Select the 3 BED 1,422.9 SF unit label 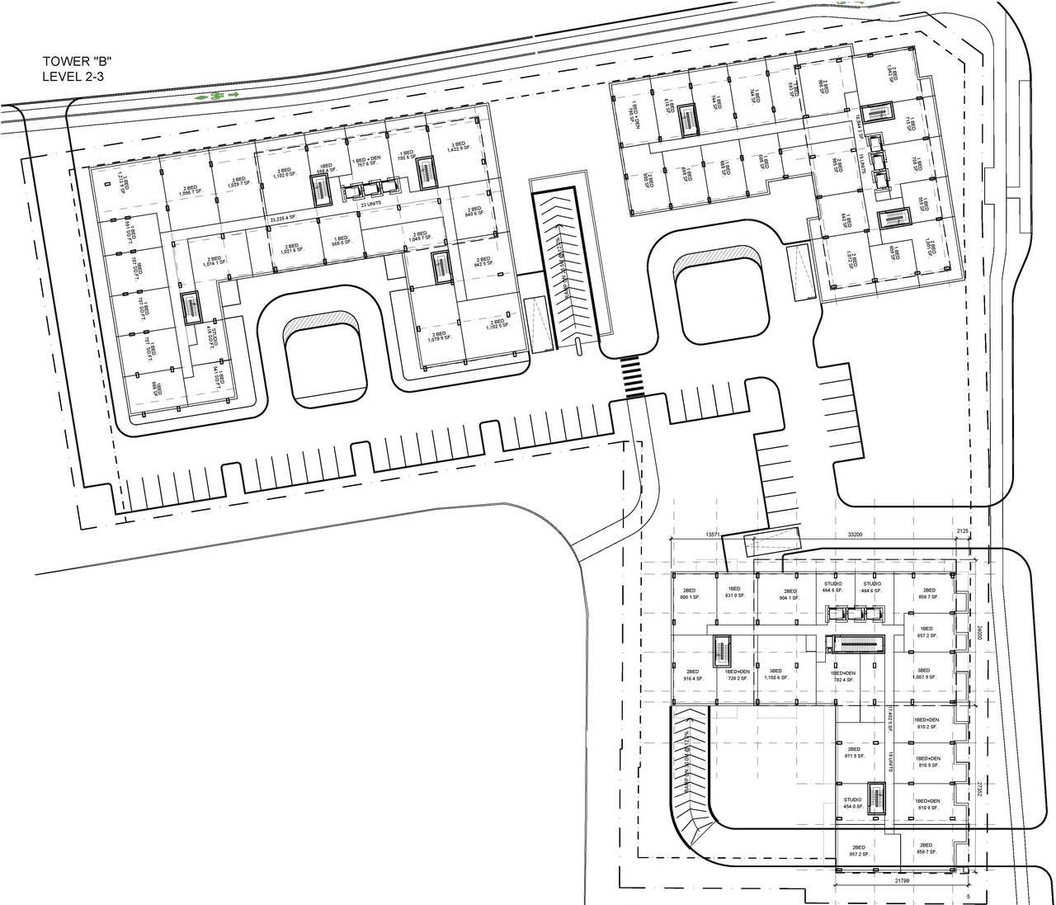pos(457,147)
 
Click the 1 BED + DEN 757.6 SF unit pos(365,161)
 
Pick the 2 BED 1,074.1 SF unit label pos(214,262)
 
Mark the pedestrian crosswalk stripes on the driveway pos(634,377)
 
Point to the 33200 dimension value pos(855,535)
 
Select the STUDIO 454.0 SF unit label pos(852,803)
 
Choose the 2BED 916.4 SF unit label pos(691,675)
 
